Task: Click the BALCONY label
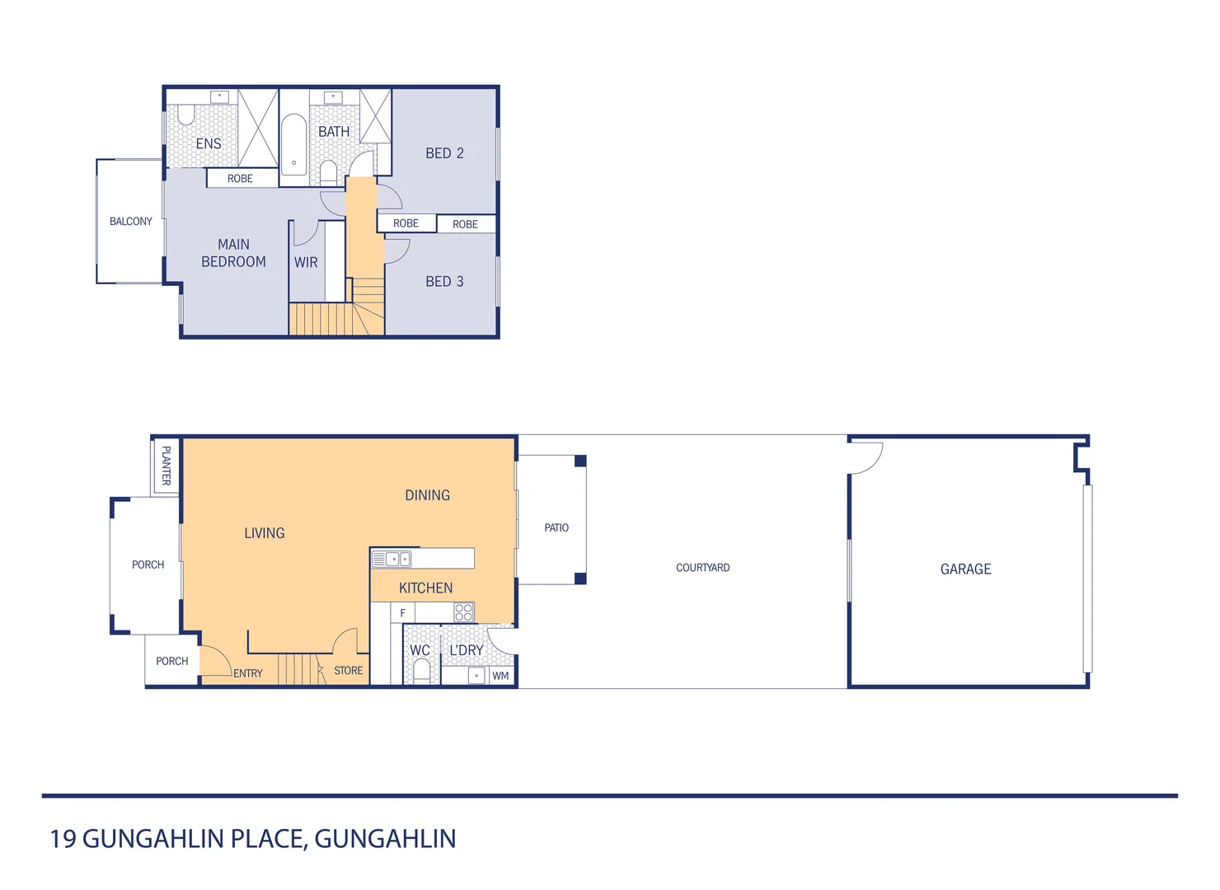[x=130, y=221]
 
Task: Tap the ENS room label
[x=208, y=143]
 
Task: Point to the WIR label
[x=306, y=262]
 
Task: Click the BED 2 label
[x=444, y=153]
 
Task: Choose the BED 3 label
[x=444, y=282]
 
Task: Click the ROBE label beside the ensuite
[x=240, y=178]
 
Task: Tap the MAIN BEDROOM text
[x=233, y=253]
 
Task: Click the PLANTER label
[x=166, y=466]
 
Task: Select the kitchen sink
[x=391, y=559]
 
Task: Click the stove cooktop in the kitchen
[x=463, y=612]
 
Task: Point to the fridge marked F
[x=402, y=613]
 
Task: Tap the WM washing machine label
[x=500, y=676]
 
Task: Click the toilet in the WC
[x=421, y=670]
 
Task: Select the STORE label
[x=348, y=671]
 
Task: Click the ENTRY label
[x=247, y=673]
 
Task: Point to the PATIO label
[x=556, y=527]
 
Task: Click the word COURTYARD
[x=702, y=568]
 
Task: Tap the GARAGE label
[x=965, y=569]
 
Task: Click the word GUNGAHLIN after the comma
[x=385, y=838]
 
